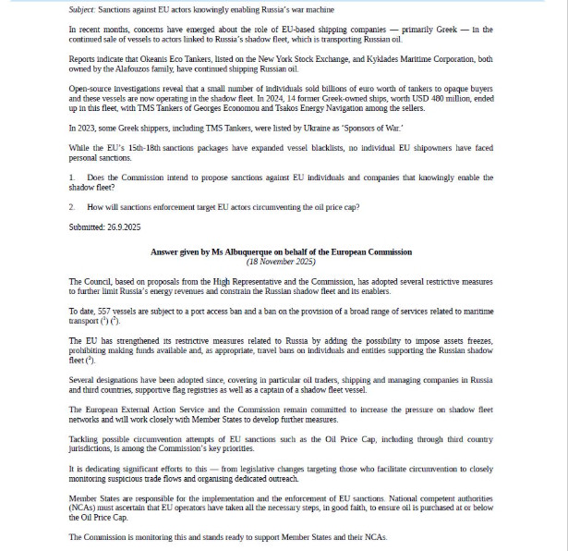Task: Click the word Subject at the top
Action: point(83,10)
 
